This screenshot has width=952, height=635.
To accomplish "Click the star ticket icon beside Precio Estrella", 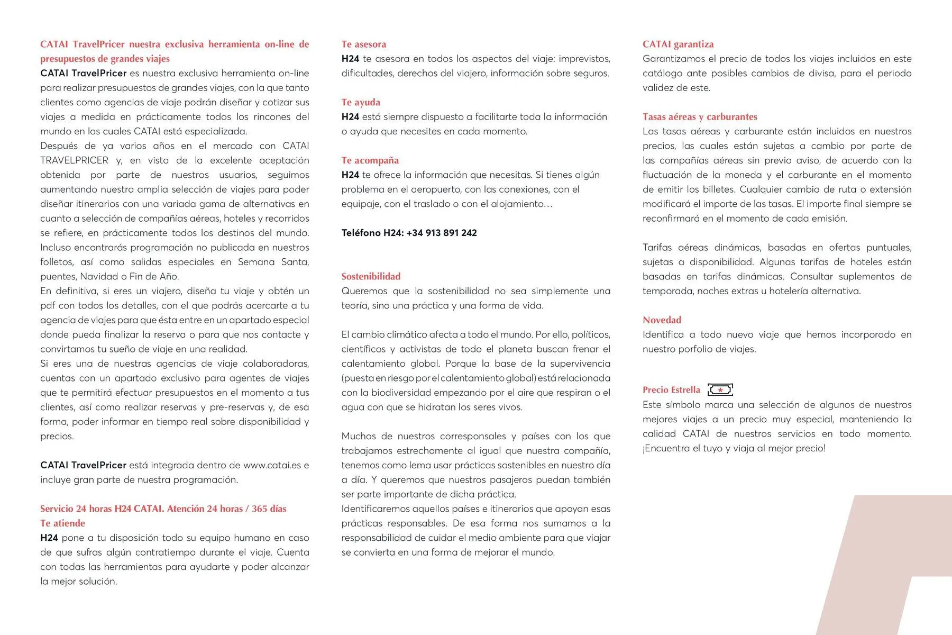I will (x=720, y=390).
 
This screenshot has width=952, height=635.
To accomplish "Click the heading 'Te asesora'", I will (x=363, y=44).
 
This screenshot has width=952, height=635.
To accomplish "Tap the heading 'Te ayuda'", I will (x=360, y=102).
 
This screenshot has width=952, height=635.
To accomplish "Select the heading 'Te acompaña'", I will (x=370, y=160).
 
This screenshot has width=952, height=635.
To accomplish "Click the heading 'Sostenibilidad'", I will (x=370, y=276).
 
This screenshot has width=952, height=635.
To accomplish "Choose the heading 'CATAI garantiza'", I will (x=678, y=44).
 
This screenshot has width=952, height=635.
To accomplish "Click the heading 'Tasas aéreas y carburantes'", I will (x=699, y=117).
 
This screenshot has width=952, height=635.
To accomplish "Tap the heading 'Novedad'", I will (x=662, y=320).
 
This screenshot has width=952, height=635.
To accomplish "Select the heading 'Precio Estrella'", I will (x=671, y=390).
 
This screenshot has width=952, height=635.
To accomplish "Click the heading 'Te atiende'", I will (x=62, y=523).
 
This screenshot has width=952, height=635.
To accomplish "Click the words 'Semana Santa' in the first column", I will (x=273, y=262).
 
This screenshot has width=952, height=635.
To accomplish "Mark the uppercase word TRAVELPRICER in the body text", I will (x=74, y=160).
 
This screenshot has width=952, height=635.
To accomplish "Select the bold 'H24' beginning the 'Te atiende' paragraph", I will (x=49, y=538).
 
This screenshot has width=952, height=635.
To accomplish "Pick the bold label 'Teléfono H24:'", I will (x=372, y=233).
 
